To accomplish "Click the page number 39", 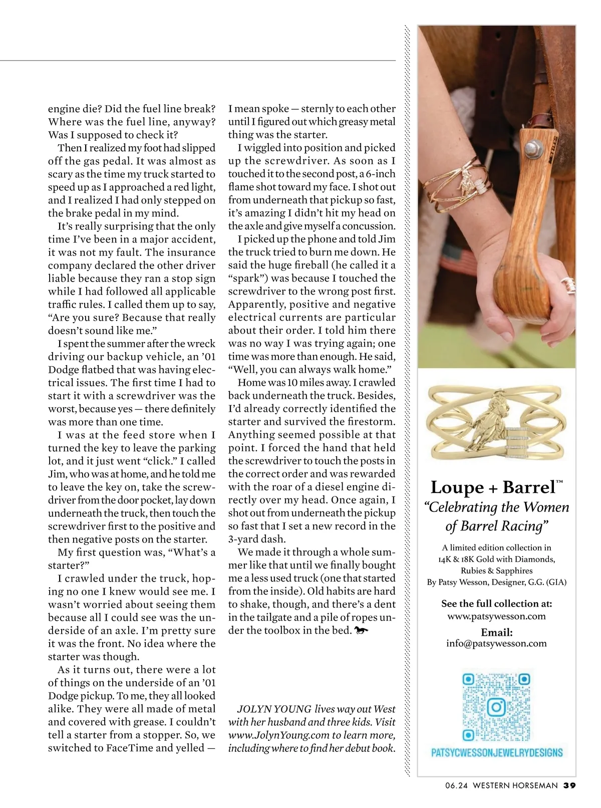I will [x=569, y=785].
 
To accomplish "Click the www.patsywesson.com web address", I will [x=496, y=616].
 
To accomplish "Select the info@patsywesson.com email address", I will [x=496, y=643].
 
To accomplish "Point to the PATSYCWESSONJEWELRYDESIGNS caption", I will [x=496, y=752].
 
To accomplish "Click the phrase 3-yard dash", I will [x=257, y=540].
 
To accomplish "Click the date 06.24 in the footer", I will [x=456, y=785].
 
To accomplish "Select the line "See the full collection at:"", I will [x=496, y=603].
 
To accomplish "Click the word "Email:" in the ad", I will [x=496, y=632].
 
